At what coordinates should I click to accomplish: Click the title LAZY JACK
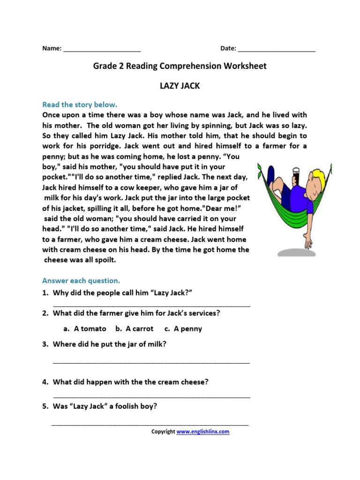180,86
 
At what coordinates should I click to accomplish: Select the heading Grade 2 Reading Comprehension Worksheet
180,66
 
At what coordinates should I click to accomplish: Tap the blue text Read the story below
80,105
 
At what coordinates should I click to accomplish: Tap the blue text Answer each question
81,281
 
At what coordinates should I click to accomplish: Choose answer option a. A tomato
85,329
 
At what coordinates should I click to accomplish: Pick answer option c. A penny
183,329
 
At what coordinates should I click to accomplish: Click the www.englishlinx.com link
203,432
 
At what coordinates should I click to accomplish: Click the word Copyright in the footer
163,432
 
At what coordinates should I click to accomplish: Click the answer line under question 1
151,305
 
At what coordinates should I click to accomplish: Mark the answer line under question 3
151,362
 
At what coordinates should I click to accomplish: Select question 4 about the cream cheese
130,382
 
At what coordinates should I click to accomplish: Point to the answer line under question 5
150,424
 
